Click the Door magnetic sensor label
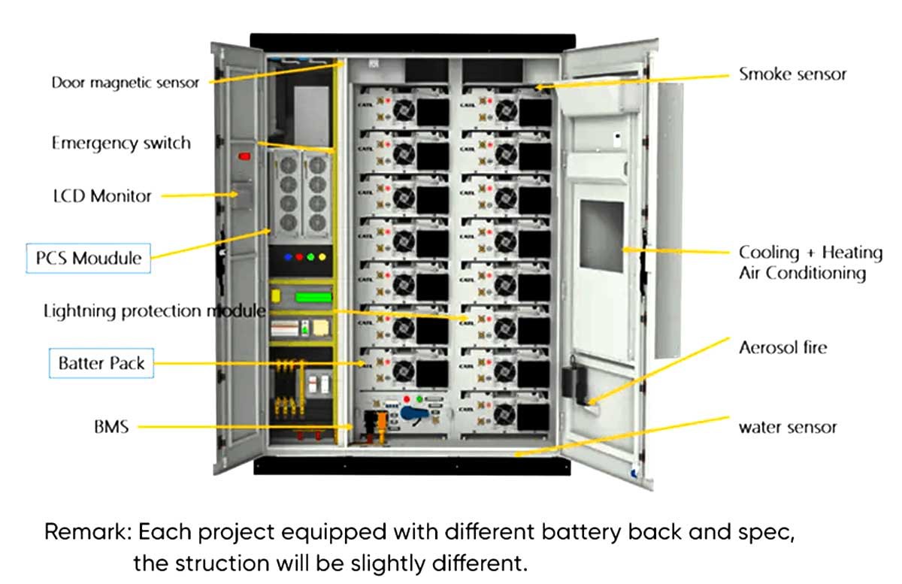point(125,82)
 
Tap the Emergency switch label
point(121,143)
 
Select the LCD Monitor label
point(101,196)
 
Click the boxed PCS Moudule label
point(89,259)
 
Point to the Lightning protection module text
point(154,310)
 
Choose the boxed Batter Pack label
point(101,364)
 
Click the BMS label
point(111,427)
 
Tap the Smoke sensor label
point(792,74)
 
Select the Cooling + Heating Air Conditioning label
point(810,262)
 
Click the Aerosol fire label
point(782,347)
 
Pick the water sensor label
point(787,428)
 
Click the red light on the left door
point(244,156)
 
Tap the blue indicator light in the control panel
point(289,257)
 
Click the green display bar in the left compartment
point(313,297)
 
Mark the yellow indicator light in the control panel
point(322,257)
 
